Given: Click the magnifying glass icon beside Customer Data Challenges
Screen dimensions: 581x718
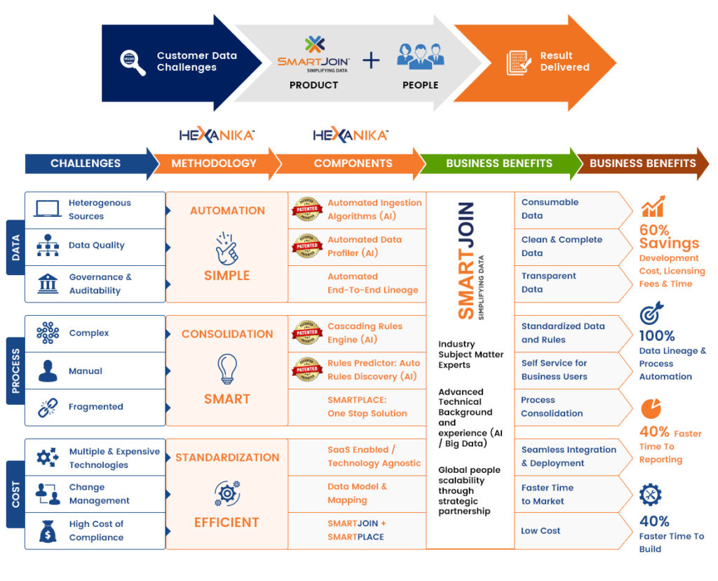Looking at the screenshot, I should point(133,62).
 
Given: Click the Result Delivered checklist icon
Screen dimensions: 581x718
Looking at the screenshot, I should point(518,62).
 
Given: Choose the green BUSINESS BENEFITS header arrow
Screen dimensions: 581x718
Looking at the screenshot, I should point(499,163).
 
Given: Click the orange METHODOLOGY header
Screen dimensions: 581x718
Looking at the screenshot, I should point(214,163).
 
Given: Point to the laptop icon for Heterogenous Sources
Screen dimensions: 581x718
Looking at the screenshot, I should point(48,209).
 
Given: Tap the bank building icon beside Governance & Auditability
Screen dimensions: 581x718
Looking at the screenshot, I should point(48,283).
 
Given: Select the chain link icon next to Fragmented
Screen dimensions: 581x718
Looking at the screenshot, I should point(48,407).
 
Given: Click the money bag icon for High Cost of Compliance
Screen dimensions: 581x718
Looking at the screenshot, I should point(48,531).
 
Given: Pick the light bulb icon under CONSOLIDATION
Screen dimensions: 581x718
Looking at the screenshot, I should point(227,367).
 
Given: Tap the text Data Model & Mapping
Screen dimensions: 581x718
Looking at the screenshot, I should point(357,493).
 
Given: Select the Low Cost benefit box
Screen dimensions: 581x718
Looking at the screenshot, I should point(571,531).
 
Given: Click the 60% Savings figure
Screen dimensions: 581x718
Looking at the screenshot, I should point(669,236).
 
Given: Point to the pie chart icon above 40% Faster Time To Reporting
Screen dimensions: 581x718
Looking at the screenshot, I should point(651,408).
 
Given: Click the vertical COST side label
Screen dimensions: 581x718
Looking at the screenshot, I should point(15,494).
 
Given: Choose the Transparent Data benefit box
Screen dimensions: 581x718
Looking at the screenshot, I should point(571,283).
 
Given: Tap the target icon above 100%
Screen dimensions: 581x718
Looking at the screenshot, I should point(651,314).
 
